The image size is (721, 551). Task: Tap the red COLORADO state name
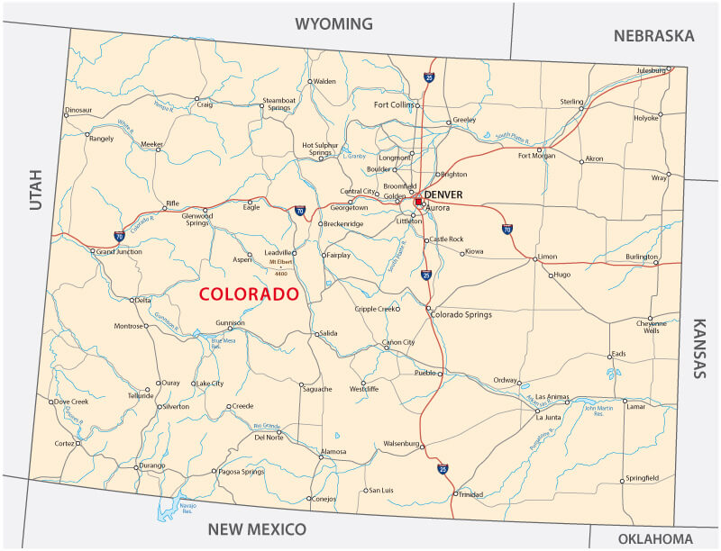248,294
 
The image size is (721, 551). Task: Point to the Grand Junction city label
119,252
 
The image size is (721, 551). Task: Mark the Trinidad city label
471,494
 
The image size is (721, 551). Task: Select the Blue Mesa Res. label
224,342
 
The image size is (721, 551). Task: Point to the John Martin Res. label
599,411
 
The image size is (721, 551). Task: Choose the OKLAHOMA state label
655,538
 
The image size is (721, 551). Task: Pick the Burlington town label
642,257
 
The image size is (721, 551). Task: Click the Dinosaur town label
78,110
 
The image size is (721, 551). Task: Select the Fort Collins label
396,105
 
